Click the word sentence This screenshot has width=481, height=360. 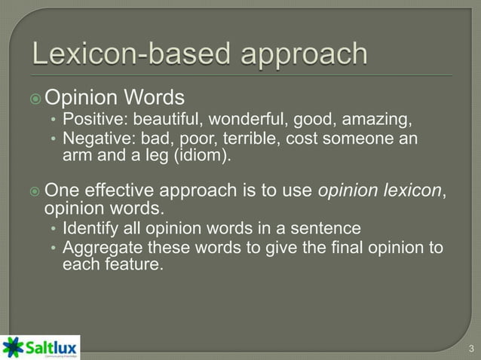click(331, 228)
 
